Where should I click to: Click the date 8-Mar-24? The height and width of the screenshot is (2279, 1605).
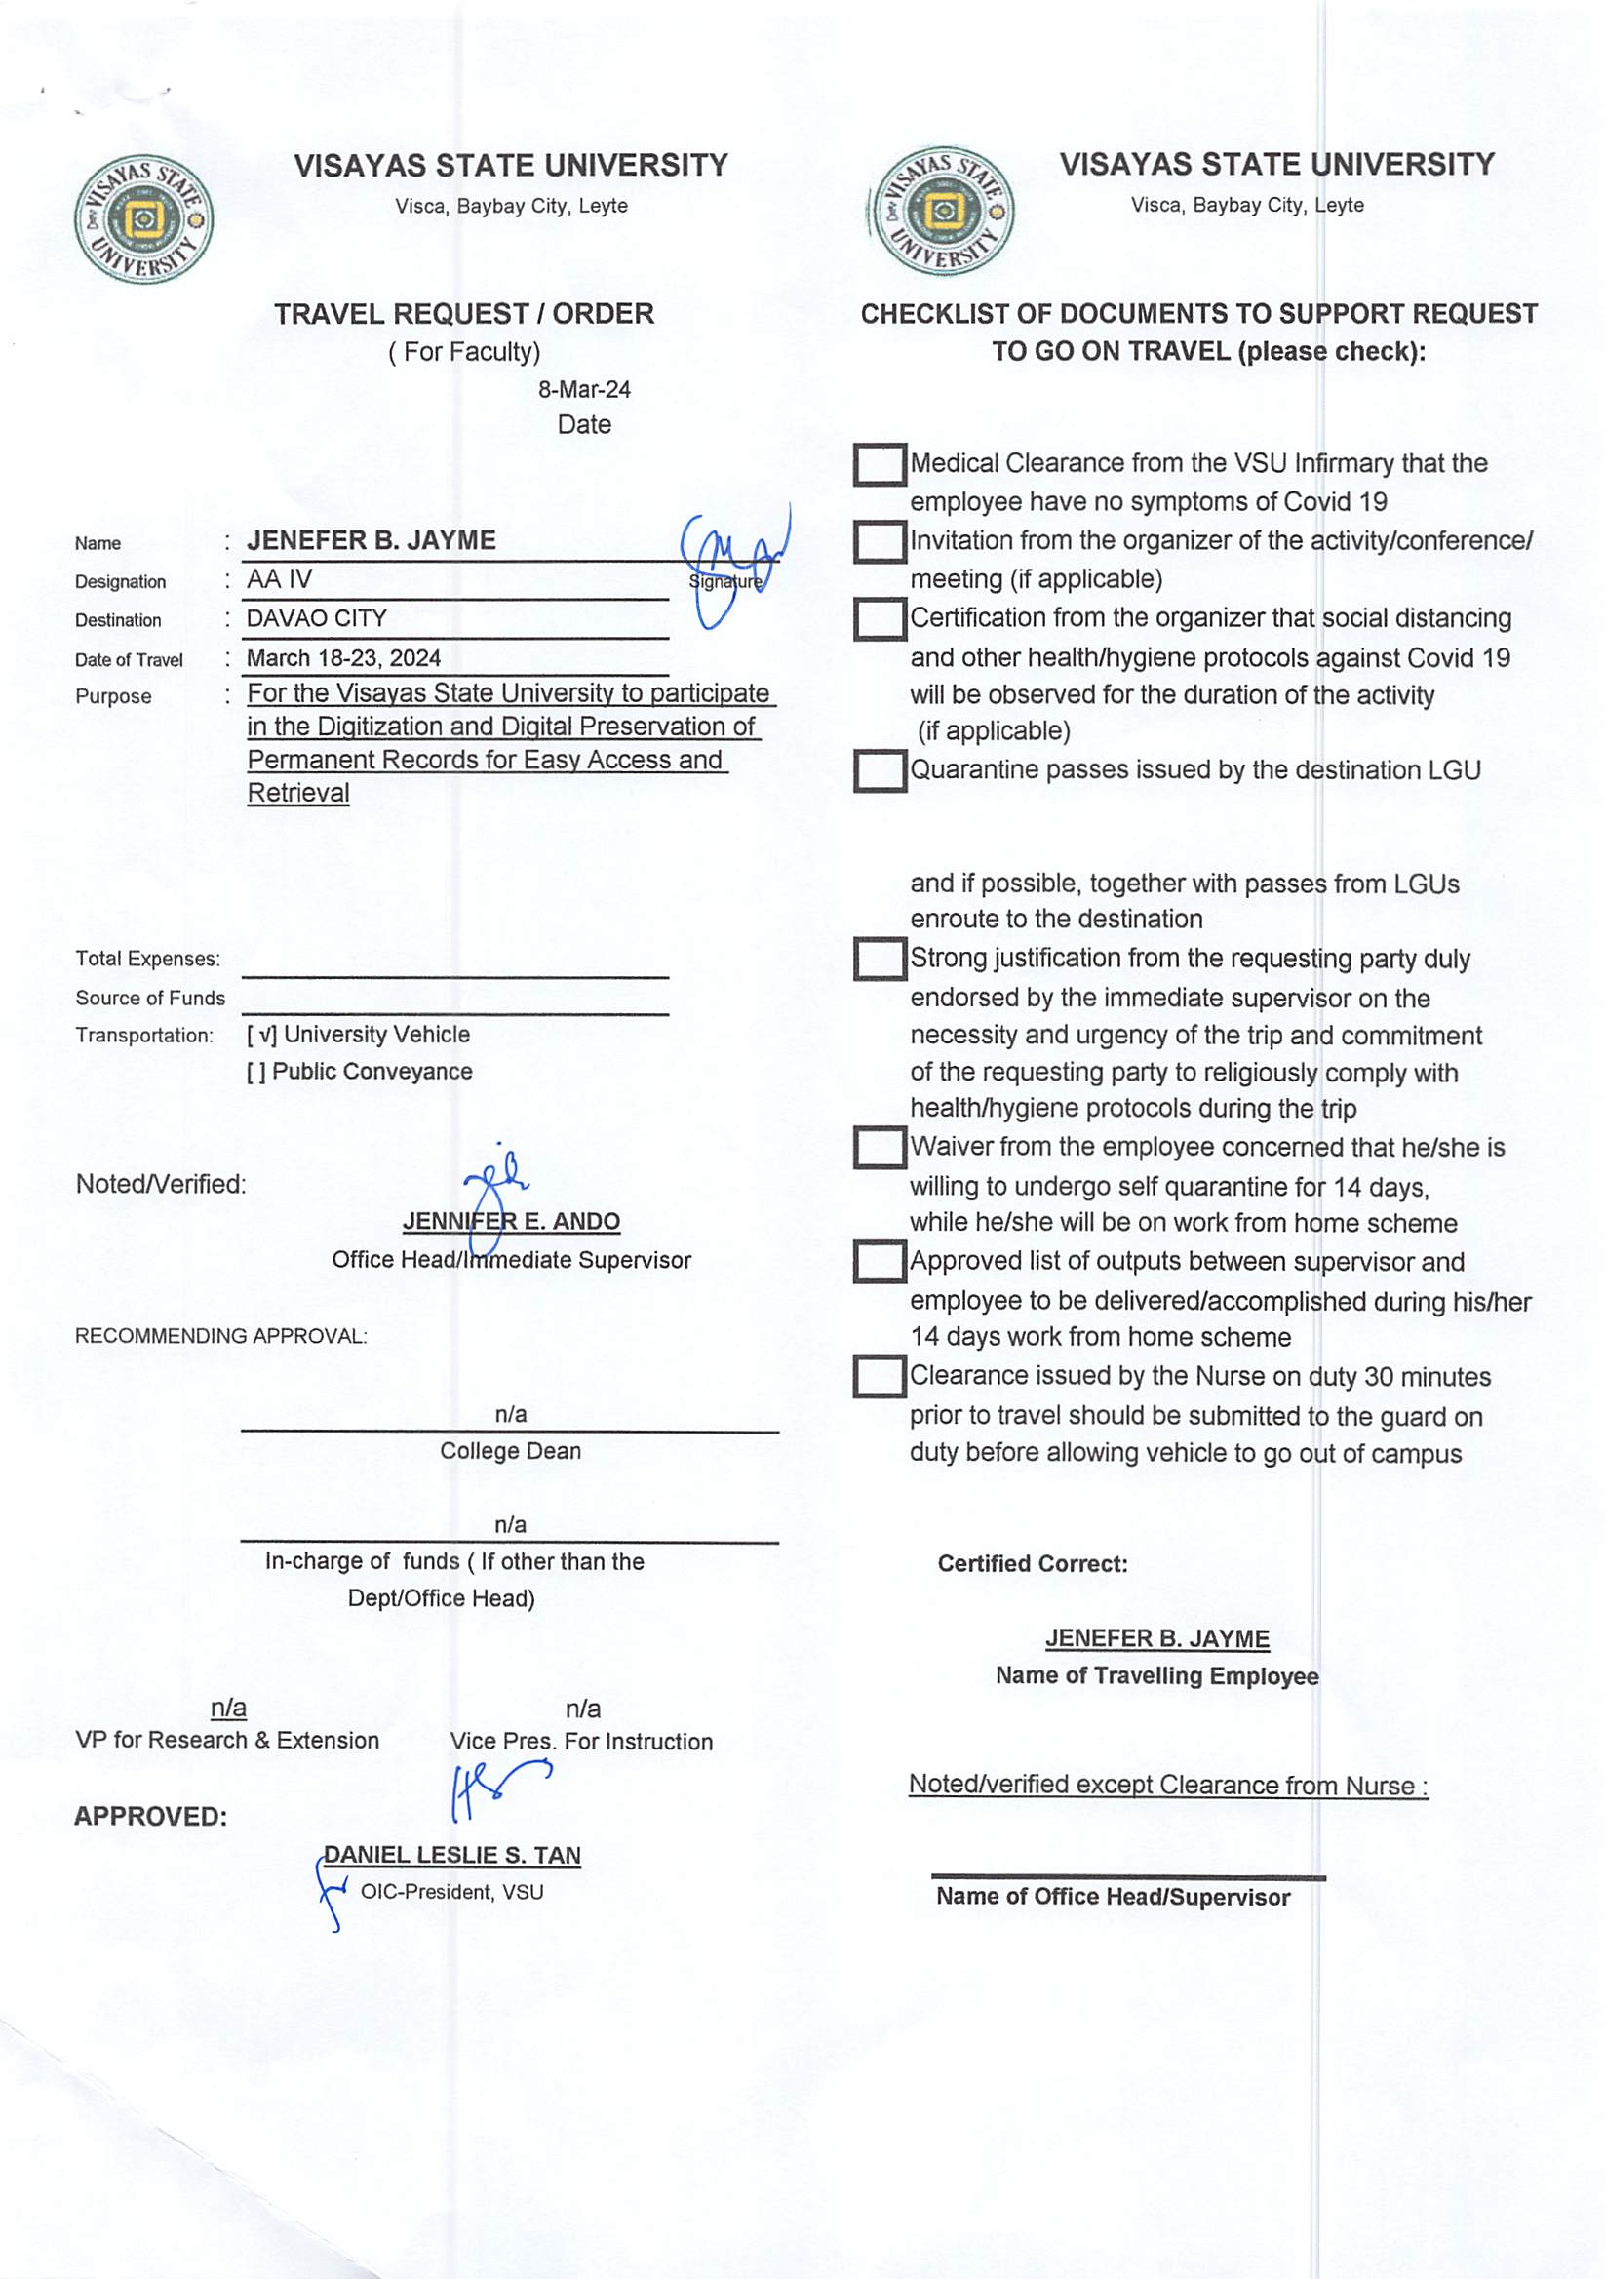point(584,390)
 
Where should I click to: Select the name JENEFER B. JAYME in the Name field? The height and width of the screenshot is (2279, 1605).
point(372,541)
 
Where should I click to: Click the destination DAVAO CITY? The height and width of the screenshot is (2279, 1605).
point(317,618)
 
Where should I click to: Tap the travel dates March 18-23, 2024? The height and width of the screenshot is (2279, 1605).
point(343,658)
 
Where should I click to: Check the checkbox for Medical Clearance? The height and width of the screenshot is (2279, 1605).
point(879,464)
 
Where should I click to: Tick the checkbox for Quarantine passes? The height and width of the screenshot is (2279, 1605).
point(879,771)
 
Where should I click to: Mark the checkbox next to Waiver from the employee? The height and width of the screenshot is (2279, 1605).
point(879,1148)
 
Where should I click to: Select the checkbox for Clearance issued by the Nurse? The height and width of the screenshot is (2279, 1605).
point(879,1377)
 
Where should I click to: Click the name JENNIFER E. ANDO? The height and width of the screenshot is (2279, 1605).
point(511,1222)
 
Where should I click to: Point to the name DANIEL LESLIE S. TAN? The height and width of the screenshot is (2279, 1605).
point(452,1855)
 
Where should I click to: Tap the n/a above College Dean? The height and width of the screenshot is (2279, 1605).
point(510,1413)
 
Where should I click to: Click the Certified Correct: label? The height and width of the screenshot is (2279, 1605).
point(1033,1564)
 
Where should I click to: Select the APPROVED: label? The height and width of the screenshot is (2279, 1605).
point(150,1817)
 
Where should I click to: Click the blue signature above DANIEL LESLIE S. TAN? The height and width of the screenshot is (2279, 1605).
point(496,1788)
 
